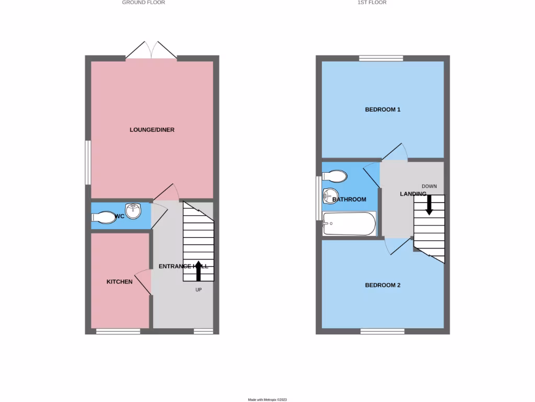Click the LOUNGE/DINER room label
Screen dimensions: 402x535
152,130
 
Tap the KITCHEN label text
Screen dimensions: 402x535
120,282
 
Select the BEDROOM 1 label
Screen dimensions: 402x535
382,110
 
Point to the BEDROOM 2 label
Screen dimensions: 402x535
382,285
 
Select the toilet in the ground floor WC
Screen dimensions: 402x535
103,217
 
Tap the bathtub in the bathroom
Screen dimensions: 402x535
349,224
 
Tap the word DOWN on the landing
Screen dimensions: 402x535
429,186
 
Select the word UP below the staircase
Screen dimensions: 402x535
199,289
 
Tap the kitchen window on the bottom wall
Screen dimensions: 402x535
118,331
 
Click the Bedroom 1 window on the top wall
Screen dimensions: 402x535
381,58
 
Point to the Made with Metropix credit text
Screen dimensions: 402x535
267,399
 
